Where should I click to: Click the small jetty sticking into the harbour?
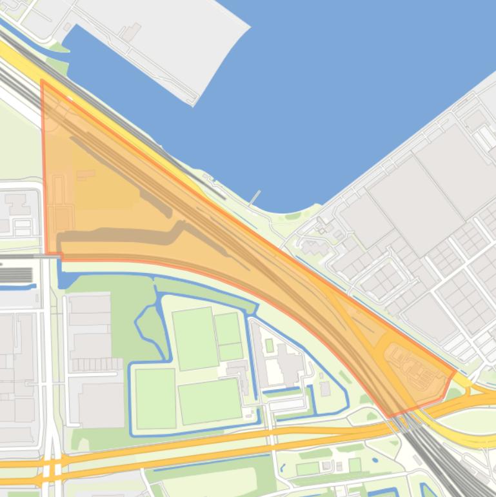[255, 197]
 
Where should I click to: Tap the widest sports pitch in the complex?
[210, 400]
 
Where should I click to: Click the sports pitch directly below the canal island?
[155, 398]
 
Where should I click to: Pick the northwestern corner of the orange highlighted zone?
[42, 81]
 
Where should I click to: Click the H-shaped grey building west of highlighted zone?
[17, 204]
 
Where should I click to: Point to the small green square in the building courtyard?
[269, 345]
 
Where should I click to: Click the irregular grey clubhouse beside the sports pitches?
[239, 374]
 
